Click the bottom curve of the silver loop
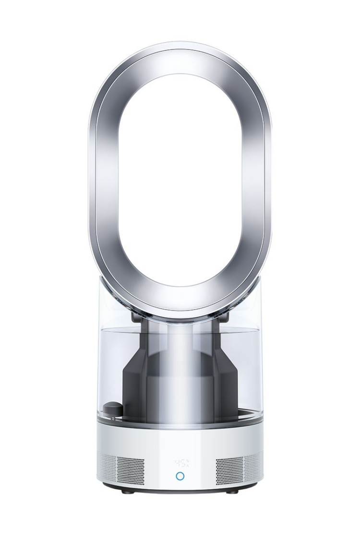[180, 300]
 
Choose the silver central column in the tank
[180, 374]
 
